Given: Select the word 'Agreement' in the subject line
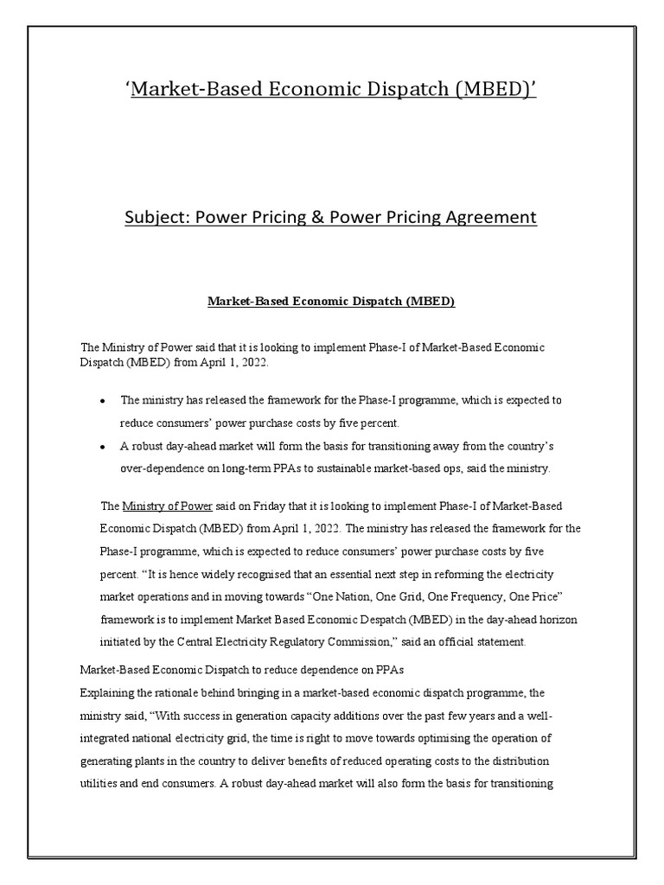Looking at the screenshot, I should pos(493,217).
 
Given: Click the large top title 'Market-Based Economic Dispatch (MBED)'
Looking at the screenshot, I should pos(332,89).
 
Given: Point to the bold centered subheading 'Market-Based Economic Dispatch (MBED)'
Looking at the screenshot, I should pos(331,302).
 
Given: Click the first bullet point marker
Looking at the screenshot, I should pos(102,401).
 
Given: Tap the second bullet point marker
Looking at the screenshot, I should pos(102,447).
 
